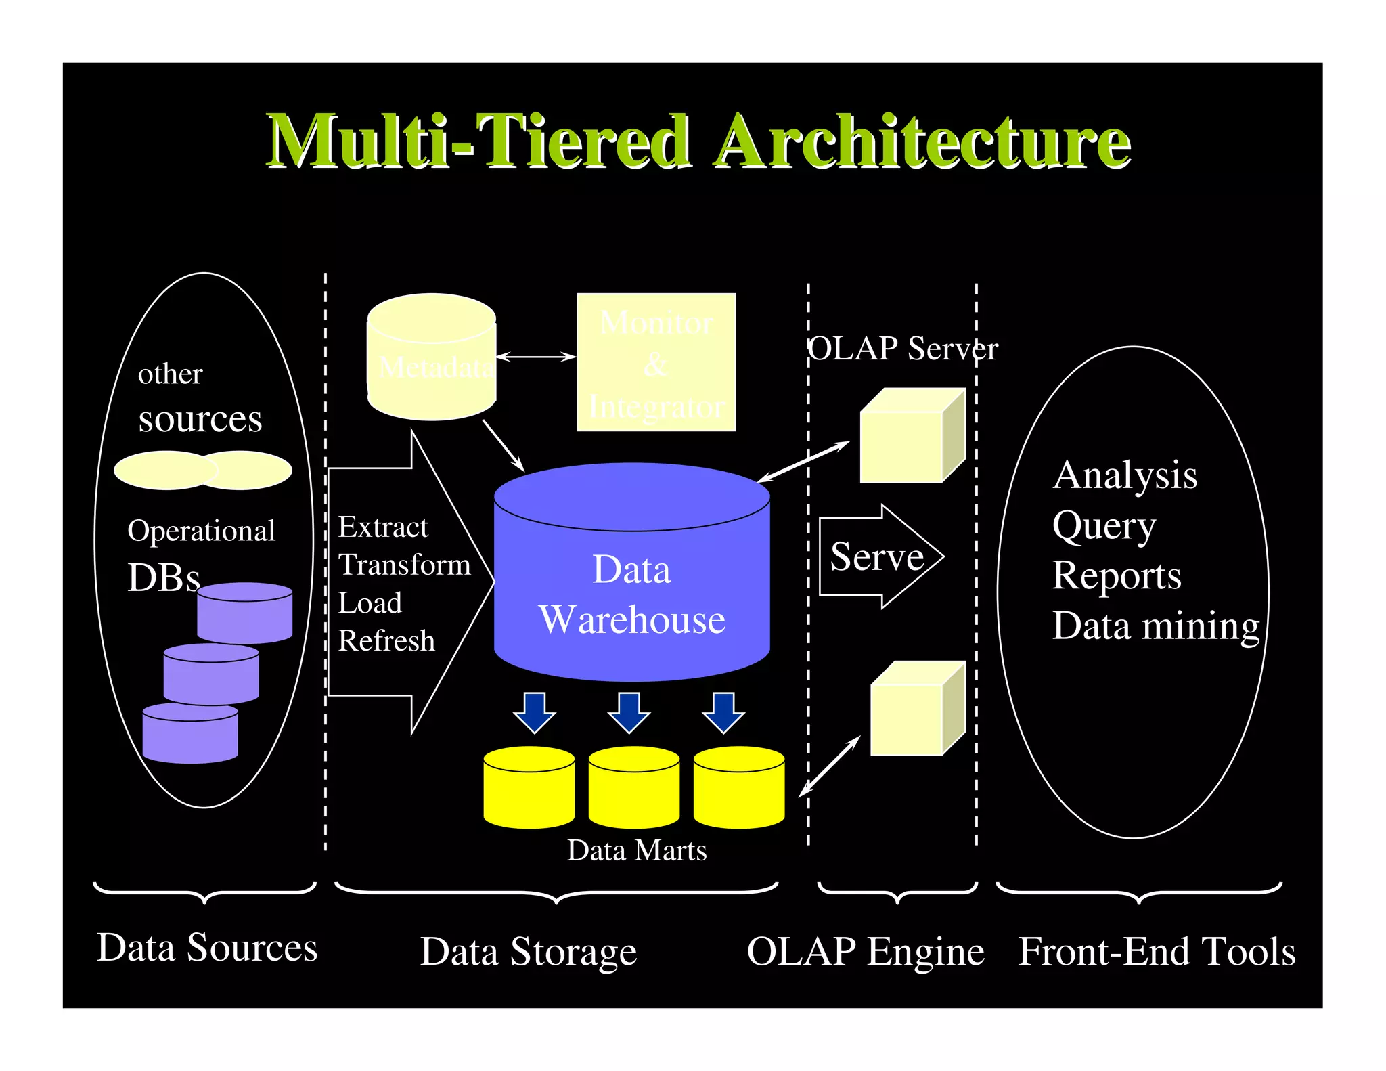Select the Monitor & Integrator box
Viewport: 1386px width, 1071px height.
click(x=656, y=362)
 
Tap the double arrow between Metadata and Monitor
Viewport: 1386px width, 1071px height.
click(x=536, y=356)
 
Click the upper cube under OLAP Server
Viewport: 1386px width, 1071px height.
click(x=911, y=437)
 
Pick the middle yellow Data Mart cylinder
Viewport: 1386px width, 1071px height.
click(x=633, y=788)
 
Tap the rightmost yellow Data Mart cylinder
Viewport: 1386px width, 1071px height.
click(x=738, y=788)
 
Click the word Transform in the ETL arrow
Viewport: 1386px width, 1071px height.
click(x=404, y=565)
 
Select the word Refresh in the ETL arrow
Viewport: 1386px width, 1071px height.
click(x=386, y=640)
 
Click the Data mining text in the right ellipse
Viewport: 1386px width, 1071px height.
click(x=1155, y=626)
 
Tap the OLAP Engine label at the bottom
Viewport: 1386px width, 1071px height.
click(x=866, y=951)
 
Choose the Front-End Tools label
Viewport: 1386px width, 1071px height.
click(x=1157, y=951)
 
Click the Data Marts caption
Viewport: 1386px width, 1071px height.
click(x=637, y=850)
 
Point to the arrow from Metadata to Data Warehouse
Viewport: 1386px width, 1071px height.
click(x=504, y=445)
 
